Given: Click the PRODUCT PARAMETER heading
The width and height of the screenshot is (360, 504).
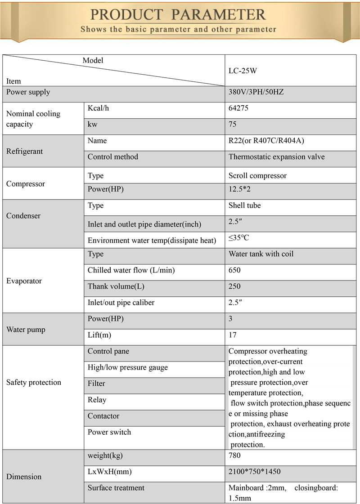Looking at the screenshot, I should coord(178,14).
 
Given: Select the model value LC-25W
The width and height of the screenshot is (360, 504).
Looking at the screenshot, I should coord(243,71).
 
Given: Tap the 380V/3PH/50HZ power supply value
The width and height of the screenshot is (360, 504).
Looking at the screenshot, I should coord(256,93).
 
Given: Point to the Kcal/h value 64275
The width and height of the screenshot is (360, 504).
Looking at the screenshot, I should coord(238,108).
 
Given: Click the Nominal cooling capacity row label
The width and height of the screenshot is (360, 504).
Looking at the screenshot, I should coord(33,119).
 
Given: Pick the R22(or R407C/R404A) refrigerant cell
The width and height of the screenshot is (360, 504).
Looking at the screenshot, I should coord(266,141).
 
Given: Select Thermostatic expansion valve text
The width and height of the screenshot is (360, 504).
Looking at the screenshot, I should coord(276,157).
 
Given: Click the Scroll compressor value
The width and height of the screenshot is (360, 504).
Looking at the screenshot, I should coord(257,176).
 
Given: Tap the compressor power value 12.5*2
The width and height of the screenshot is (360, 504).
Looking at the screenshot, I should coord(239,189).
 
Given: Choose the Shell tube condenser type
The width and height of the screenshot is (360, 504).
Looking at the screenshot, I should coord(244,205).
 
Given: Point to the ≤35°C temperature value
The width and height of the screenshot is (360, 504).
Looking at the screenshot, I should coord(238,238).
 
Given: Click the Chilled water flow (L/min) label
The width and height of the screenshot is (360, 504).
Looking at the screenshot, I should coord(131,270).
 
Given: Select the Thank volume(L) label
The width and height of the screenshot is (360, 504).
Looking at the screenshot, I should coord(116,286).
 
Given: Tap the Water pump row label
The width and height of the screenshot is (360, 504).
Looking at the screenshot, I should coord(26,330).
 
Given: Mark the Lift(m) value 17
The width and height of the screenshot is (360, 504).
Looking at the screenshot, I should coord(233,335).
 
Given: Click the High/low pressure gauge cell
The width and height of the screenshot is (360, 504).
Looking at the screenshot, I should coord(127,367).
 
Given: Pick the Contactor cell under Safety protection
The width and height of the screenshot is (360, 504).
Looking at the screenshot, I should coord(103,416).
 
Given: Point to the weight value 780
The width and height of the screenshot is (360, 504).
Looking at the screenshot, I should coord(234,456).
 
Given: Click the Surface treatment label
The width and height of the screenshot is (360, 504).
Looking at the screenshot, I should coord(116,488).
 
